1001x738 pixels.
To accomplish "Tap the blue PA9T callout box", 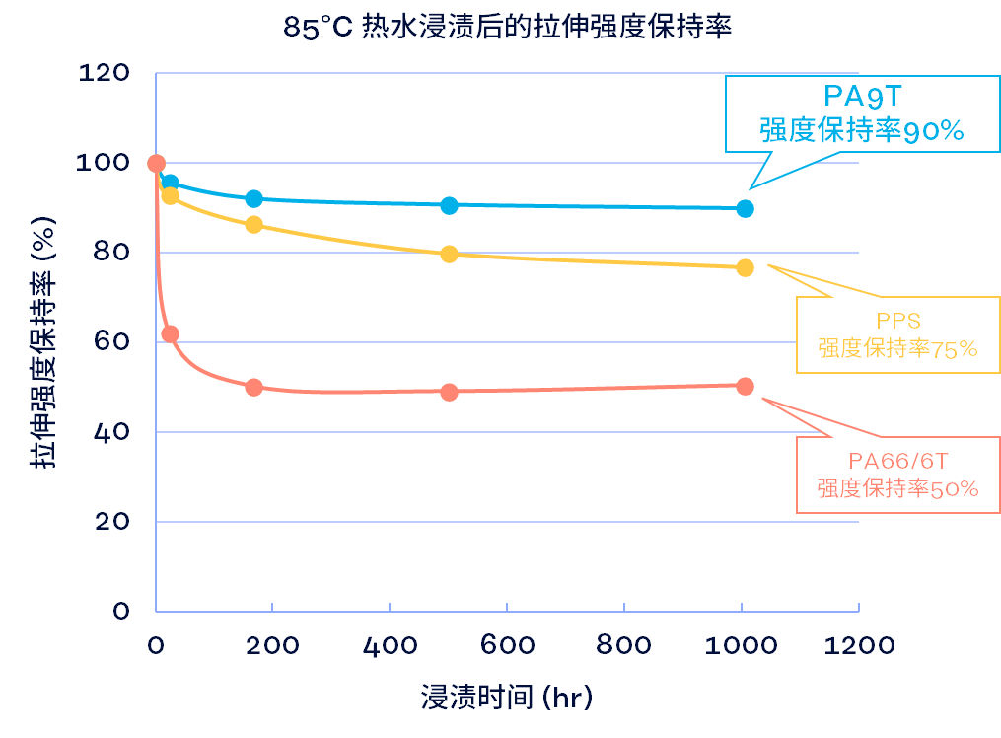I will point(860,113).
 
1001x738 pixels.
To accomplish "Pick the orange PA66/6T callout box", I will point(896,475).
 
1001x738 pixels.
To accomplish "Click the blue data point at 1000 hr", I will point(745,208).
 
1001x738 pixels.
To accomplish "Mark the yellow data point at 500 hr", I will point(449,254).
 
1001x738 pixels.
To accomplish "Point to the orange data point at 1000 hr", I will point(745,386).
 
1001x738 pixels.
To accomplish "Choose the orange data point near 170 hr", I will point(253,387).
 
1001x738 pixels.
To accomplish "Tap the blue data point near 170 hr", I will point(253,198).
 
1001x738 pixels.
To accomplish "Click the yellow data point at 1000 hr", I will point(745,267).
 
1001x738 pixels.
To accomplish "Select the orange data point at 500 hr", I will point(449,392).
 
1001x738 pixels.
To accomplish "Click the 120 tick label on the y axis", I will point(103,73).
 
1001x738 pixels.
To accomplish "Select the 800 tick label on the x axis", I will point(623,645).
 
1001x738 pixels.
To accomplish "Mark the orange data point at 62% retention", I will point(170,333).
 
